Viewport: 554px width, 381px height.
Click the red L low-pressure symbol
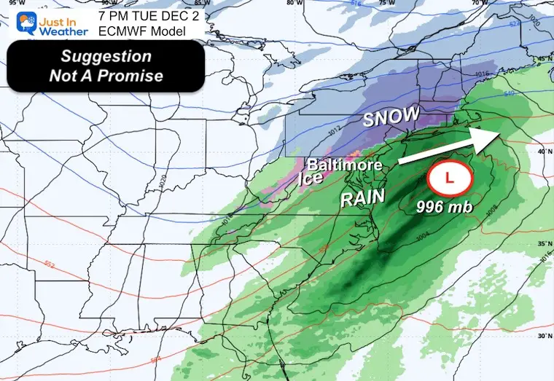[450, 176]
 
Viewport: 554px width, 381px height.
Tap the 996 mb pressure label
[445, 207]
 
